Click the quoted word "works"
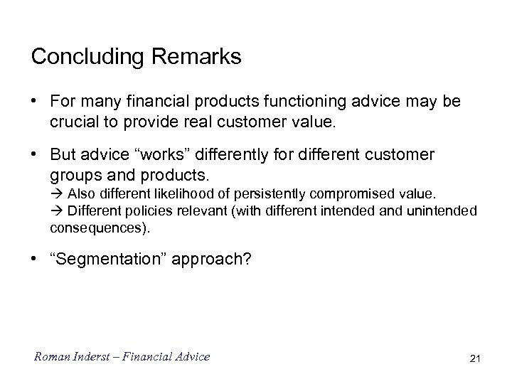pyautogui.click(x=158, y=156)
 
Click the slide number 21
pyautogui.click(x=475, y=358)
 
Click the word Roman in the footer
pyautogui.click(x=49, y=357)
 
